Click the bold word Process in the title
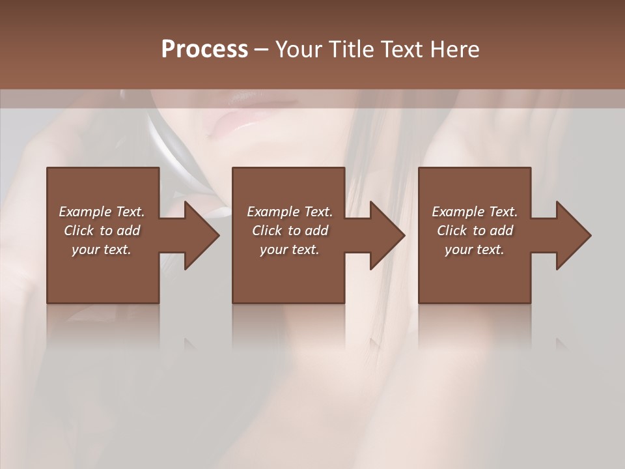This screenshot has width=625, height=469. coord(204,50)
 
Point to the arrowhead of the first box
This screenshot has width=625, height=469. coord(202,235)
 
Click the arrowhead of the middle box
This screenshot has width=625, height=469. coord(387,235)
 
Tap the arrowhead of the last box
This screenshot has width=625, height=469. coord(574,235)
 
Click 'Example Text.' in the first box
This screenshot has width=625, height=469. coord(102,212)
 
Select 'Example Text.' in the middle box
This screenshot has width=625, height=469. coord(290,212)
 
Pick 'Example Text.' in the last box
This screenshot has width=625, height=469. coord(475,212)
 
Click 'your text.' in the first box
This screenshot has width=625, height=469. coord(102,249)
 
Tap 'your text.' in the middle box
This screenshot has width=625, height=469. coord(290,249)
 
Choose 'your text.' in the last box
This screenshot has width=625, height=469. coord(475,249)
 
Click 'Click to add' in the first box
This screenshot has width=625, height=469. coord(102,231)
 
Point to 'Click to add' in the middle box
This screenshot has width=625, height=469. coord(290,231)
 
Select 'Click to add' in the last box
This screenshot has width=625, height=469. coord(475,231)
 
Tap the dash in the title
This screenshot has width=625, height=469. coord(261,50)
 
